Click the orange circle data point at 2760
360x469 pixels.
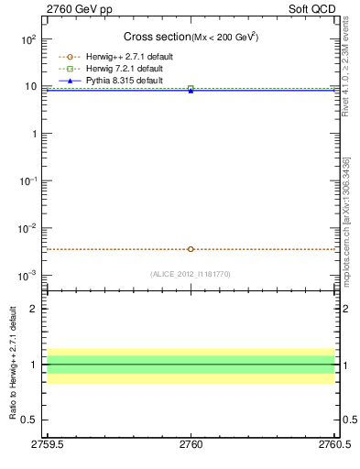191,249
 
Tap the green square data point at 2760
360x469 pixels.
191,88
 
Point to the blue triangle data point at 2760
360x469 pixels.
191,91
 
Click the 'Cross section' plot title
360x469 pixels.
157,37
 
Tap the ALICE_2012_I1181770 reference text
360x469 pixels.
191,273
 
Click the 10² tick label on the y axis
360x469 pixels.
27,39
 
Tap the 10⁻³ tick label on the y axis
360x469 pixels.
27,276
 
